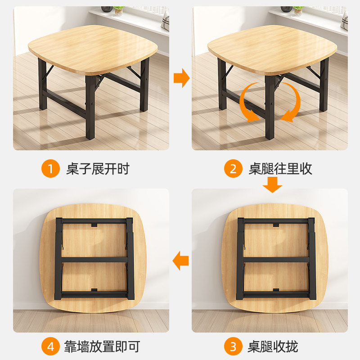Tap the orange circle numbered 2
pyautogui.click(x=233, y=169)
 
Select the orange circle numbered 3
pyautogui.click(x=233, y=347)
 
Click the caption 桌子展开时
pyautogui.click(x=98, y=169)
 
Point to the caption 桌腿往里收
pyautogui.click(x=280, y=169)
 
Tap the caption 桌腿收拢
pyautogui.click(x=273, y=347)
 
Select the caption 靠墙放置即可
pyautogui.click(x=103, y=347)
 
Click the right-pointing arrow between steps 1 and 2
pyautogui.click(x=181, y=78)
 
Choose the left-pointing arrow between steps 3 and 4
pyautogui.click(x=181, y=261)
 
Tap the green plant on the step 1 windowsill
pyautogui.click(x=118, y=9)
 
